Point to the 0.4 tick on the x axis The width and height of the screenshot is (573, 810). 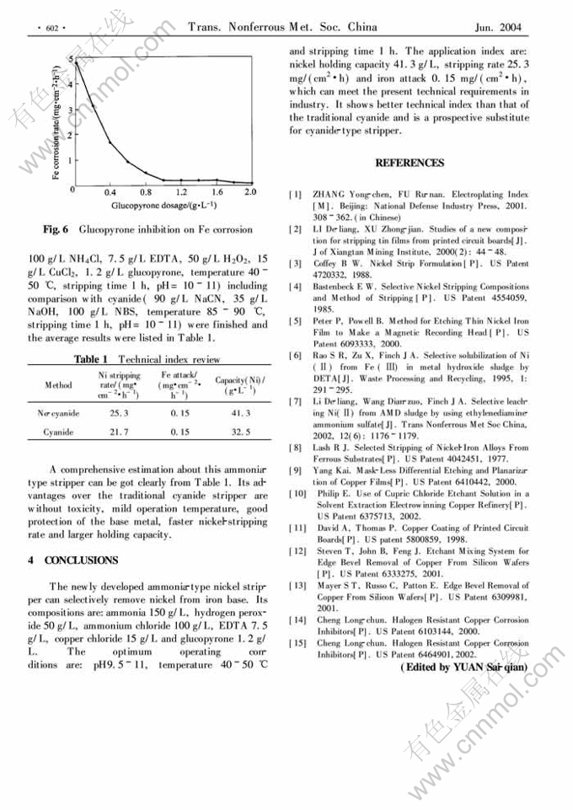point(110,192)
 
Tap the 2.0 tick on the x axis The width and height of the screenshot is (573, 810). point(250,192)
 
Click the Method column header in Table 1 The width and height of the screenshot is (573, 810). point(59,385)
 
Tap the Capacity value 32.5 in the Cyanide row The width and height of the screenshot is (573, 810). point(241,432)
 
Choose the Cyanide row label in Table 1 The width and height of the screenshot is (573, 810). point(59,432)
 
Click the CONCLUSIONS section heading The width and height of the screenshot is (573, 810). point(81,560)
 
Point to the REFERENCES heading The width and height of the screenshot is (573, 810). point(409,162)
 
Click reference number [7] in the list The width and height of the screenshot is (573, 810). point(296,401)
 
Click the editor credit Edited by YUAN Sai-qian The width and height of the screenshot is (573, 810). point(458,667)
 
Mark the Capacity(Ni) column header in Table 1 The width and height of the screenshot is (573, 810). point(240,385)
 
